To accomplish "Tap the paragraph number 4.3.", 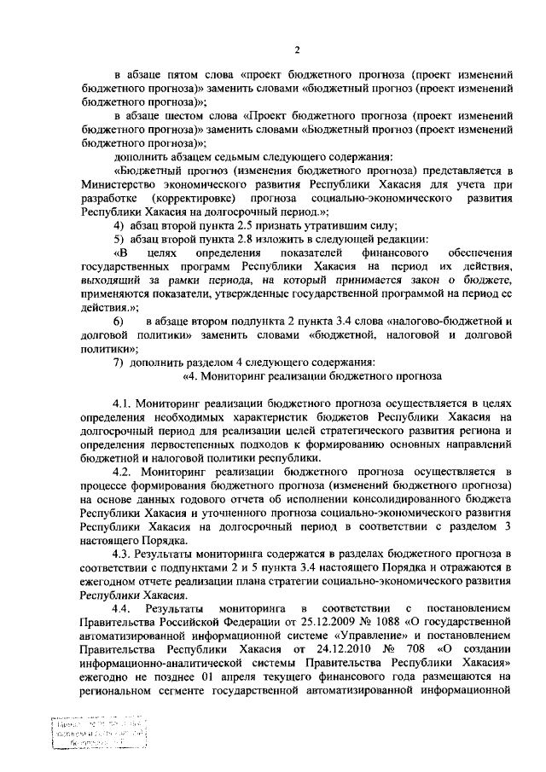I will pyautogui.click(x=125, y=555).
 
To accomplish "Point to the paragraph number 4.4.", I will pyautogui.click(x=125, y=608).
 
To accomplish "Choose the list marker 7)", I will pyautogui.click(x=119, y=361).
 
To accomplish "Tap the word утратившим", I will pyautogui.click(x=328, y=225).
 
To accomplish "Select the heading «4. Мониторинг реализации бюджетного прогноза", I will pyautogui.click(x=312, y=374).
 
